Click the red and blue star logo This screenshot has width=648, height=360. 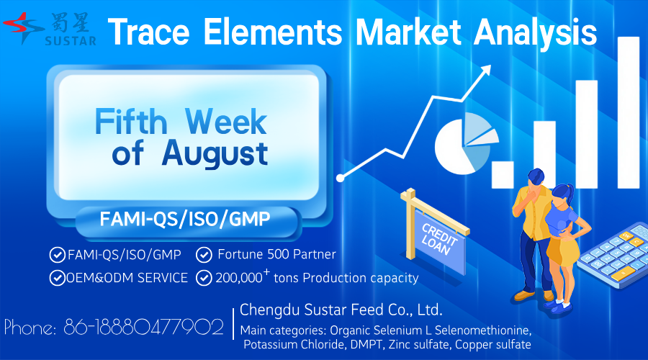(x=23, y=27)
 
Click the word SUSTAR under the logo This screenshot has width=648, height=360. (x=71, y=41)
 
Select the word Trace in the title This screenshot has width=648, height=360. (x=149, y=32)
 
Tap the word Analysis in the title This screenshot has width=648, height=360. (x=536, y=32)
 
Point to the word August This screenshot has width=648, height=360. (x=215, y=153)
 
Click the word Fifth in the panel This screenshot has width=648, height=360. (x=131, y=121)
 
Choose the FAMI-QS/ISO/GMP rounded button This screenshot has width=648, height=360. (x=186, y=220)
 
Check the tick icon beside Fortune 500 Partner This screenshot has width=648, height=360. (x=204, y=255)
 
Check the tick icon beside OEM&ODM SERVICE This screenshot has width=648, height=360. (x=57, y=278)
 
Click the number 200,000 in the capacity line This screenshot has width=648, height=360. (x=239, y=278)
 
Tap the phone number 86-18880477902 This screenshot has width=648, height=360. (x=143, y=328)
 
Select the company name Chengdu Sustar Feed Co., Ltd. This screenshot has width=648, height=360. (x=341, y=310)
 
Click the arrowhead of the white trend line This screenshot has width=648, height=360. (x=485, y=71)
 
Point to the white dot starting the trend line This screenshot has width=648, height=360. (x=340, y=178)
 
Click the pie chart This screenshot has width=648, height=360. (x=466, y=143)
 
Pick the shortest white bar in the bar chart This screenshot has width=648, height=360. (x=503, y=175)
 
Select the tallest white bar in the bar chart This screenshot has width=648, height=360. (x=629, y=112)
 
